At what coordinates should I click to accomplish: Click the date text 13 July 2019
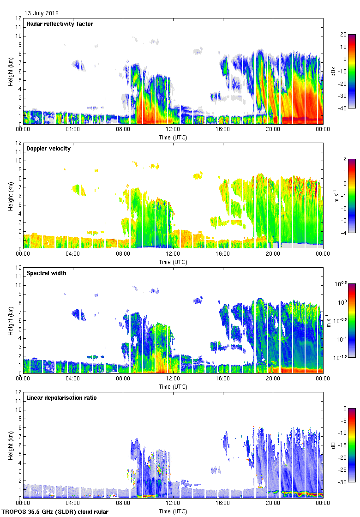click(42, 13)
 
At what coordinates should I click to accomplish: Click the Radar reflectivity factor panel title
click(60, 24)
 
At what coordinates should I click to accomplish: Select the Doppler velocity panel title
click(48, 149)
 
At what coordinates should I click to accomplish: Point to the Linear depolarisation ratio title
click(61, 398)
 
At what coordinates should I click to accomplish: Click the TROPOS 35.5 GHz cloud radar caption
click(56, 512)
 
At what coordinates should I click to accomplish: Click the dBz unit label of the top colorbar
click(333, 71)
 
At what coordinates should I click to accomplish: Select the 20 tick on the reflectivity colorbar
click(343, 35)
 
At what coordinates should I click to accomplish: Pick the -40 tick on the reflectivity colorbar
click(343, 108)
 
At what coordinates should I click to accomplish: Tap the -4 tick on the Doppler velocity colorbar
click(343, 233)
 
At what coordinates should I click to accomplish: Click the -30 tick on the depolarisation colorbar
click(343, 482)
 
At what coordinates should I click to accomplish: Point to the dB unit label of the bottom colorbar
click(333, 445)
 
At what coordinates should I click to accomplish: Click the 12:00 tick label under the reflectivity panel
click(173, 130)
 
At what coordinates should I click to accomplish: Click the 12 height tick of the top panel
click(18, 18)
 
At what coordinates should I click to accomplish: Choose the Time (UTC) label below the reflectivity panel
click(173, 137)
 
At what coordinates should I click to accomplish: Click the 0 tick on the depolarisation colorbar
click(344, 409)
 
